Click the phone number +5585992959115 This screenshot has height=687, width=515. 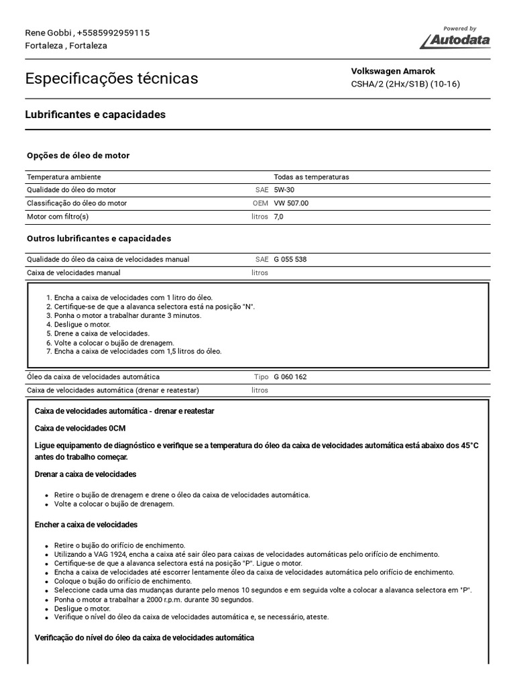click(113, 33)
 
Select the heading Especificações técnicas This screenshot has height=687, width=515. click(111, 78)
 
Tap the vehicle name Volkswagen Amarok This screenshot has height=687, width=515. click(393, 71)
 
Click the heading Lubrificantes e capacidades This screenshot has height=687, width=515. click(95, 115)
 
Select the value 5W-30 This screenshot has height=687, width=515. click(284, 190)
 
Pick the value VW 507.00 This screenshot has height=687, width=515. click(291, 203)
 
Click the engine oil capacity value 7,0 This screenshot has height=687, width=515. click(279, 217)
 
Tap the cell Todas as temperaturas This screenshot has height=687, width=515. click(311, 177)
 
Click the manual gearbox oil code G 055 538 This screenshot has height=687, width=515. click(290, 259)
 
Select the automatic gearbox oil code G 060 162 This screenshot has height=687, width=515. click(290, 377)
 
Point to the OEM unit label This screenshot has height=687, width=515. click(260, 203)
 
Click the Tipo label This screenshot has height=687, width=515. click(261, 377)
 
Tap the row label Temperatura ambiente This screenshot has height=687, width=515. click(64, 177)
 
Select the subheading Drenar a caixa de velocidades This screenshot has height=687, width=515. click(85, 474)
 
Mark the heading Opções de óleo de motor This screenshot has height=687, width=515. click(78, 156)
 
